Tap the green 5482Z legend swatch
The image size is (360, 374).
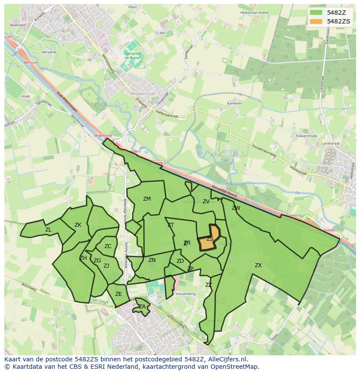(316, 12)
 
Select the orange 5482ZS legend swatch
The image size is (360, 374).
(316, 21)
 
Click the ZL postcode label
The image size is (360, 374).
(48, 230)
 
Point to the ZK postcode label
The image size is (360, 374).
(78, 225)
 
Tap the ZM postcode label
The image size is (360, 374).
(147, 199)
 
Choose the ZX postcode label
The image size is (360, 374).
(258, 265)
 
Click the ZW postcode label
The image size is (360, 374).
(236, 208)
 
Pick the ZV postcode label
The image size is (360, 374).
(206, 202)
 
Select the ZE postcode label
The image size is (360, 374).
(119, 294)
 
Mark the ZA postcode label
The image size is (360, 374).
(142, 307)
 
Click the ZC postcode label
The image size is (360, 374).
(108, 246)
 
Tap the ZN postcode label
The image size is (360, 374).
(152, 260)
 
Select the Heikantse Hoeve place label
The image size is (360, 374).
(254, 13)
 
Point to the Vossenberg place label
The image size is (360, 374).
(186, 294)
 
